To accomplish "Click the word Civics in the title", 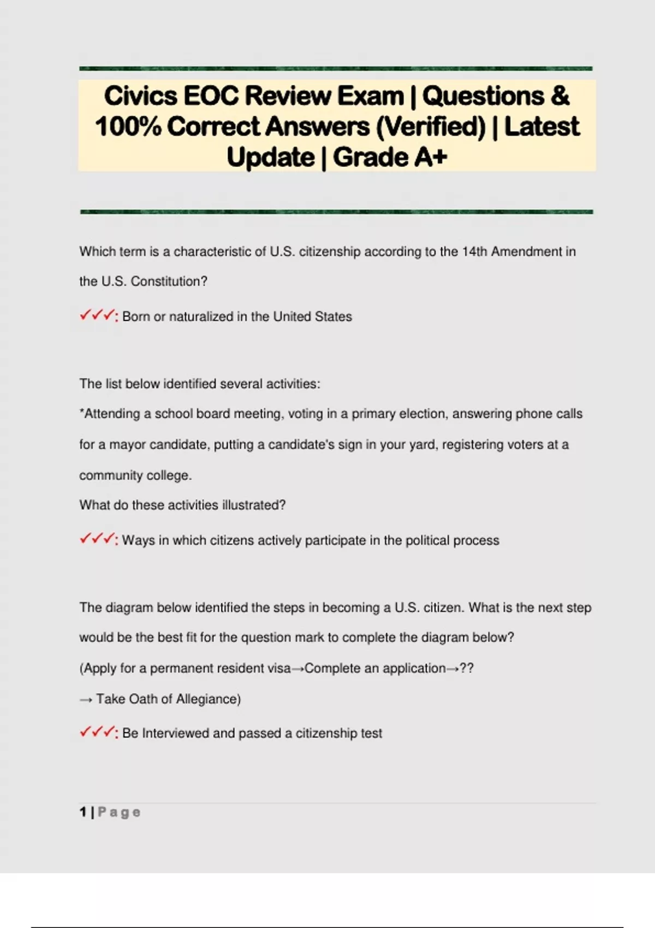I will pos(140,96).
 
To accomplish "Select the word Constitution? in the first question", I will pos(169,282).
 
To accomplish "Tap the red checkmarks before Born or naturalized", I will pos(97,316).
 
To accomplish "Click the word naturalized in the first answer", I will pos(201,317).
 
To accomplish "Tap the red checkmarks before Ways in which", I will pos(97,539).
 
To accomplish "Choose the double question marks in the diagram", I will pos(467,668).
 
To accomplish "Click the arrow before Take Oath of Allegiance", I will pos(86,699).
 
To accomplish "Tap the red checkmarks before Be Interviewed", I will pos(97,732).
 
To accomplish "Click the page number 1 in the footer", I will pos(83,812).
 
